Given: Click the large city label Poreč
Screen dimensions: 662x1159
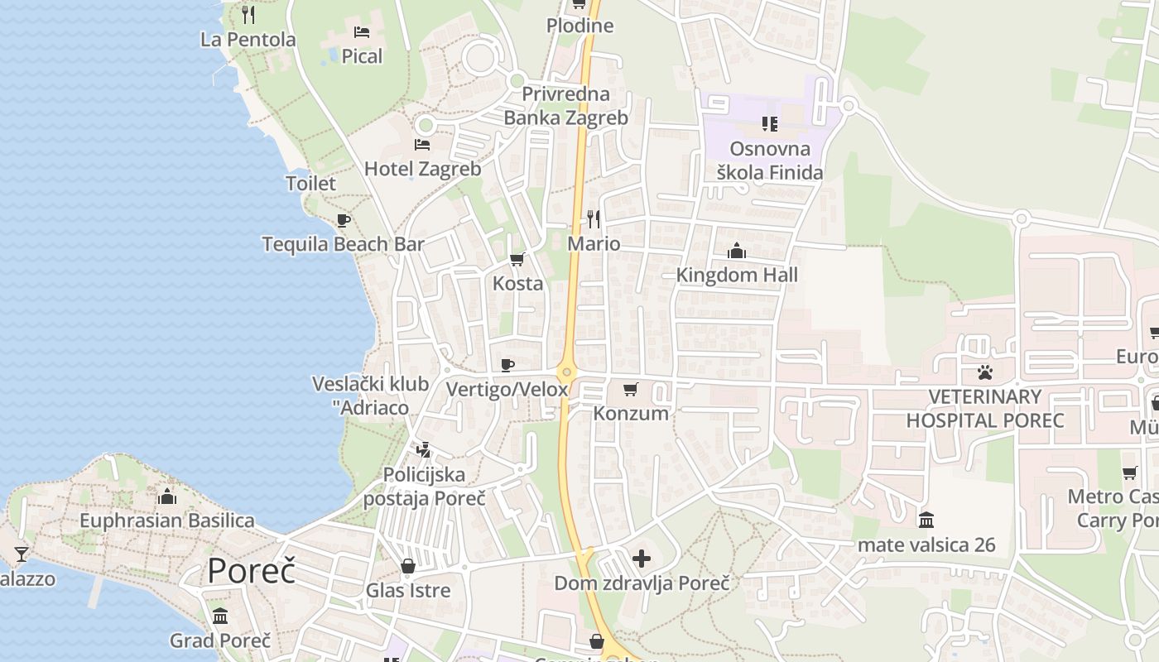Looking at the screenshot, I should (251, 570).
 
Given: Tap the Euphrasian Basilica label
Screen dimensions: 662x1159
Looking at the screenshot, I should (167, 520).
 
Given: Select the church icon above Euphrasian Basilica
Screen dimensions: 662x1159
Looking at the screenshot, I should (167, 496).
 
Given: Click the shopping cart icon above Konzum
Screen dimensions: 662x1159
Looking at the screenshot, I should (631, 389).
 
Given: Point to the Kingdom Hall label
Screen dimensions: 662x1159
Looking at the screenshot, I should (737, 275).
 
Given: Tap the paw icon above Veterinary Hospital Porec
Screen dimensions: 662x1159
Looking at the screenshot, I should (984, 372).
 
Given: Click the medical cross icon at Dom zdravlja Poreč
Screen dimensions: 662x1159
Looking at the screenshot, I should (642, 559).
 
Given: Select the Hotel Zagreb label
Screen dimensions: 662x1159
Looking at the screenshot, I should (422, 169).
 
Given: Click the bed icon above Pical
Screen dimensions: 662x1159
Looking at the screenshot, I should (362, 32).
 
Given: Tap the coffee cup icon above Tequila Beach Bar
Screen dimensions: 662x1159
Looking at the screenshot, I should (343, 220).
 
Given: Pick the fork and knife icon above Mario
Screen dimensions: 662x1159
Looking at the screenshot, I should (594, 218).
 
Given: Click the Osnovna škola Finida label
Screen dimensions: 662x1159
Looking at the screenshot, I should (770, 161).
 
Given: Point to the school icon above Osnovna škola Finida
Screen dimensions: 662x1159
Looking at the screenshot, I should (770, 124).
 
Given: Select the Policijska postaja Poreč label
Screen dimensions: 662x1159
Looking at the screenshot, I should (425, 487).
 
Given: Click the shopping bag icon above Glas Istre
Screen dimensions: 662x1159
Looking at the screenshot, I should (408, 566).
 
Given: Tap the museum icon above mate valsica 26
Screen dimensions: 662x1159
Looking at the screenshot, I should (926, 520).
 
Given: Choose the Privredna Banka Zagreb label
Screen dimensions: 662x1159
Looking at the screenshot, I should (566, 106).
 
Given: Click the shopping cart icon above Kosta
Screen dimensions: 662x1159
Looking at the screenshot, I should (517, 260).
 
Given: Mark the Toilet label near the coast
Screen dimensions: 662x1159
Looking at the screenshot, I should (310, 183).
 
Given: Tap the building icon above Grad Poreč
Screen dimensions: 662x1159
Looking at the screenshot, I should (220, 616).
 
